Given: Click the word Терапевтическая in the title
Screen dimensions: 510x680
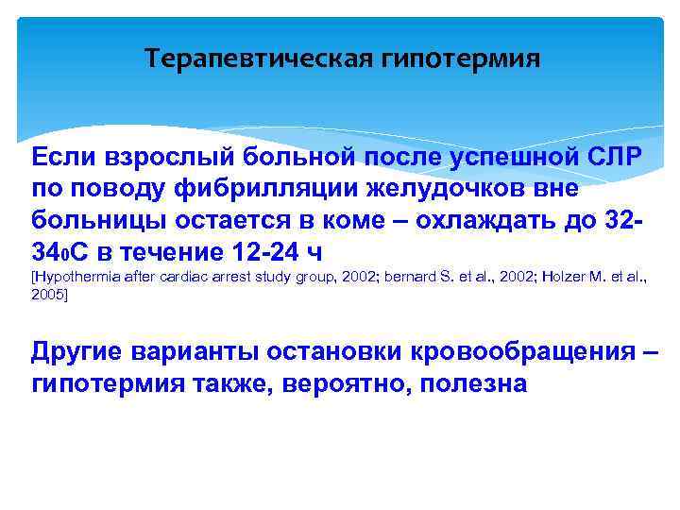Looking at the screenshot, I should pyautogui.click(x=260, y=59).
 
